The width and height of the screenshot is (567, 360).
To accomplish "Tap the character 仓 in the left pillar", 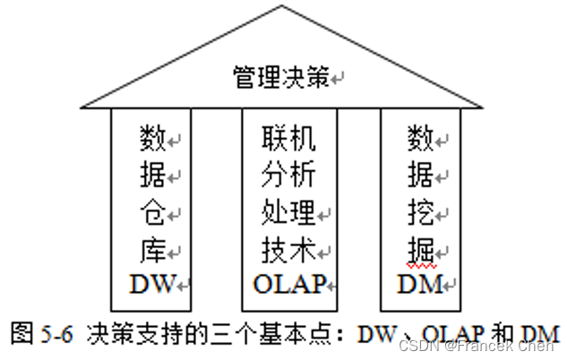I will tap(152, 213).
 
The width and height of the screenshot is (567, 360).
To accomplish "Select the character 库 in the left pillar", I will tap(152, 248).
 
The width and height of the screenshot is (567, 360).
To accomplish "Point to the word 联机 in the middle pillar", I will tap(288, 138).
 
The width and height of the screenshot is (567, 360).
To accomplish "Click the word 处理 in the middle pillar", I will tap(288, 212).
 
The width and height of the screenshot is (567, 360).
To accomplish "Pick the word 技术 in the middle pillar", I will tap(288, 248).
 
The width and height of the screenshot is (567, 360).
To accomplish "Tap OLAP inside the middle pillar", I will tap(288, 284).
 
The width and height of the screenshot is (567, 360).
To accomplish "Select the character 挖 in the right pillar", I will tap(420, 213).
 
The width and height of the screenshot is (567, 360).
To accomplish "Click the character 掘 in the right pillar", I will tap(420, 249).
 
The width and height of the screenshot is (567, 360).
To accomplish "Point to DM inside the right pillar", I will tap(420, 284).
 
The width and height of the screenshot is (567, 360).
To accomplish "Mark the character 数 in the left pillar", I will tap(153, 138).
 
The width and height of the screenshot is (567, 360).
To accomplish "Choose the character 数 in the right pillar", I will tap(420, 138).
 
